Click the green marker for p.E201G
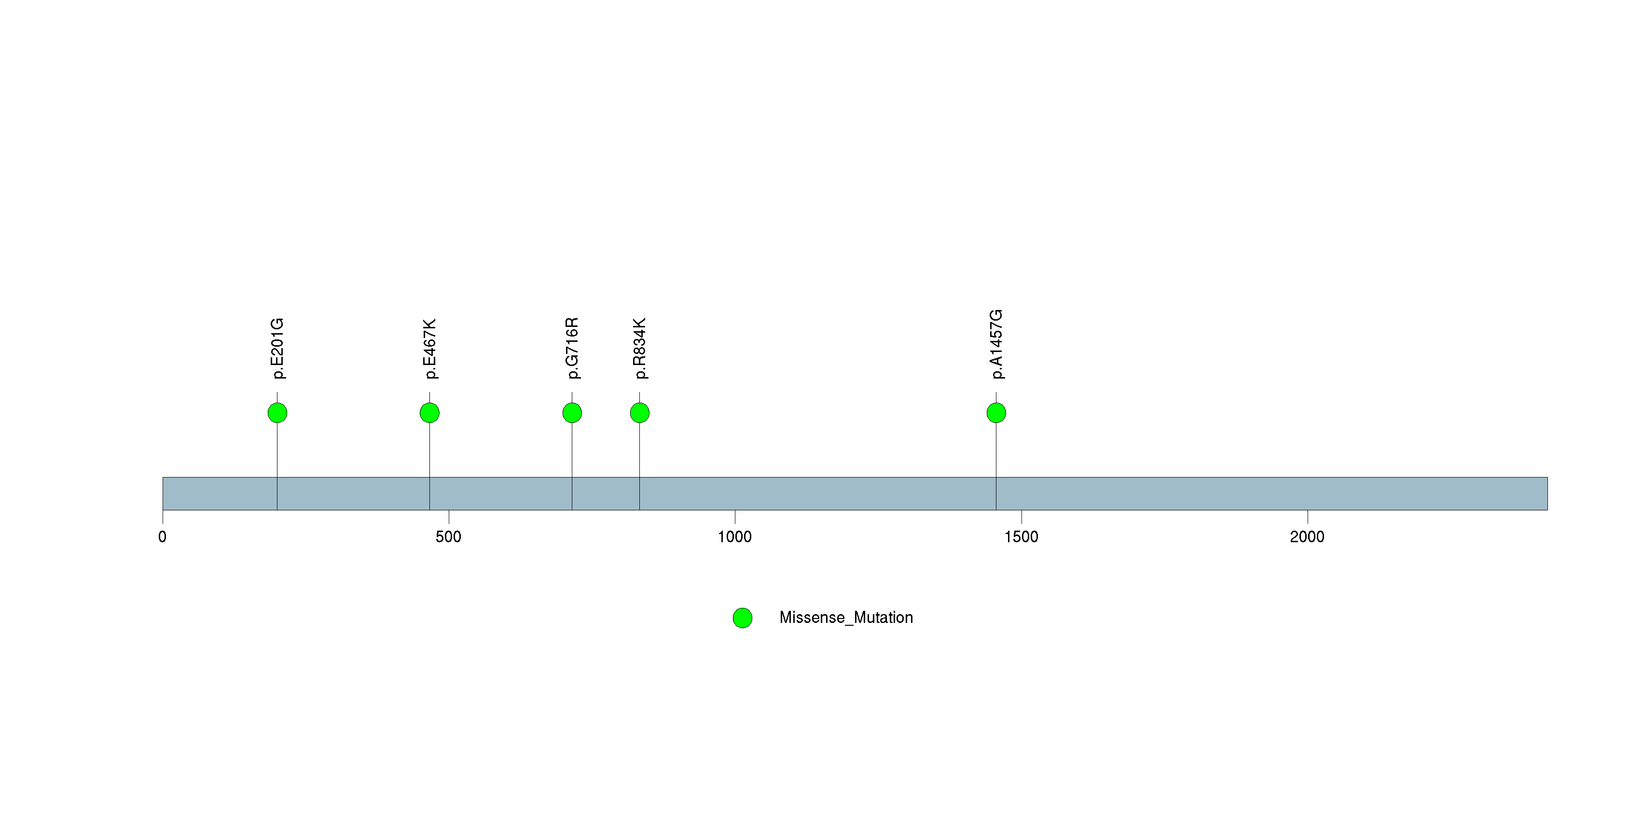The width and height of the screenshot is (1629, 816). [277, 413]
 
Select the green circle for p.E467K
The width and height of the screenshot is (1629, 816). [429, 413]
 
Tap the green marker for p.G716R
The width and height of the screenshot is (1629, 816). [572, 413]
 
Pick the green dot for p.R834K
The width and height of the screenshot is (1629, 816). [639, 413]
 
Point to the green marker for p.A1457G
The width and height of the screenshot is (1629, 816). [996, 413]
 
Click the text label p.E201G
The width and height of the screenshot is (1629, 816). [277, 349]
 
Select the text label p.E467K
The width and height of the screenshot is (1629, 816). [429, 349]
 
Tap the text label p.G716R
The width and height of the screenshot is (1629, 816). [572, 348]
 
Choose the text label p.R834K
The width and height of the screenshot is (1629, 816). [639, 349]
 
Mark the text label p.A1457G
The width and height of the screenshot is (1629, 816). [996, 344]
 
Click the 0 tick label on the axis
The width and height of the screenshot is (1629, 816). [163, 537]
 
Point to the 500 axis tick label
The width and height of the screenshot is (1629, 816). [448, 537]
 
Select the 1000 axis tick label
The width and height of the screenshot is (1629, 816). [735, 537]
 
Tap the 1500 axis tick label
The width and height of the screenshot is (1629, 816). [1022, 537]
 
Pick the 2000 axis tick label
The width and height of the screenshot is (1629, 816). [1307, 537]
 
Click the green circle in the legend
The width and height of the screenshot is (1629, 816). [743, 618]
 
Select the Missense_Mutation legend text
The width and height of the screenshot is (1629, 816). [846, 618]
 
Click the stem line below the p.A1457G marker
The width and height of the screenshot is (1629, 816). [996, 466]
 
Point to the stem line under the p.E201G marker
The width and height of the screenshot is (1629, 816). [277, 466]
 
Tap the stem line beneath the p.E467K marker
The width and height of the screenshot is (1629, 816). [429, 466]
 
